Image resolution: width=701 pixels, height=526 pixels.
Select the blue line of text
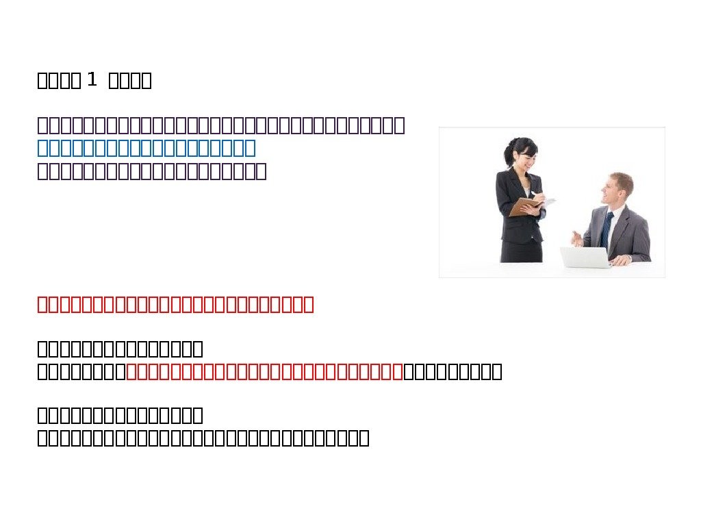[x=146, y=148]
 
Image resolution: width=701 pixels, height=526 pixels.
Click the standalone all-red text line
[x=175, y=304]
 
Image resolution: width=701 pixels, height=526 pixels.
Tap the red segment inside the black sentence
[x=265, y=372]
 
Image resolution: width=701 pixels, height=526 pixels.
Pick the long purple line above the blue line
[x=221, y=126]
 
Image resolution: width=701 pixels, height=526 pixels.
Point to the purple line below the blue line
[x=151, y=171]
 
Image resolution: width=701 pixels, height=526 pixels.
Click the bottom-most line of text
[x=203, y=438]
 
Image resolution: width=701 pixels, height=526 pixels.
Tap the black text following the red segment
[x=453, y=372]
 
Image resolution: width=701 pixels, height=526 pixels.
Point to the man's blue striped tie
[x=607, y=227]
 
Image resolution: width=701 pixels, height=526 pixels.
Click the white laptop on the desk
[x=585, y=257]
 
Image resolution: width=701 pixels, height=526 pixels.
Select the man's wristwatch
[x=628, y=257]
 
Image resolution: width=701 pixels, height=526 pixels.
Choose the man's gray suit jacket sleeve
[x=640, y=236]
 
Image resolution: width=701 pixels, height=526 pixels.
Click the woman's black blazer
[x=512, y=199]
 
